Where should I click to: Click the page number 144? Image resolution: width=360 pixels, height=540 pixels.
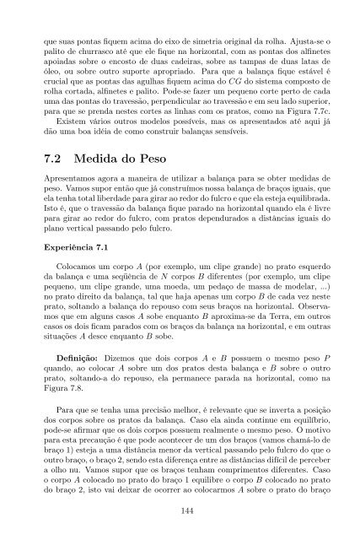(180, 510)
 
